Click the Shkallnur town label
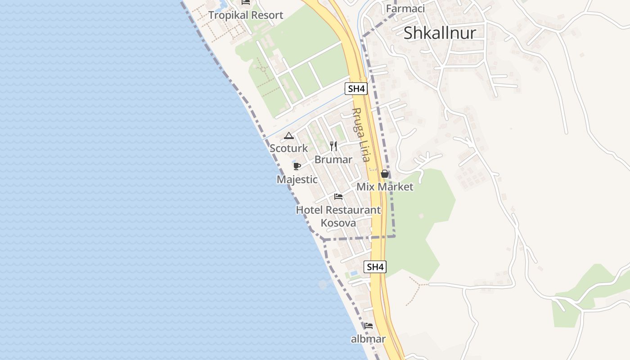click(x=439, y=33)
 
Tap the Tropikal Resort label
click(x=246, y=15)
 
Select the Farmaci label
click(x=405, y=8)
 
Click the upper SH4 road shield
click(x=356, y=89)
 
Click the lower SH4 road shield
click(x=375, y=267)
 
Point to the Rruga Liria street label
click(x=361, y=135)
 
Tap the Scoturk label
click(x=289, y=148)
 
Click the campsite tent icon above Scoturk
click(x=289, y=135)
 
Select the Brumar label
click(x=333, y=160)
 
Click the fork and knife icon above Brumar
click(x=333, y=146)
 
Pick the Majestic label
click(x=297, y=180)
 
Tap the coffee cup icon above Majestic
click(x=297, y=166)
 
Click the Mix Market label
click(x=385, y=187)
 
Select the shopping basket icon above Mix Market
click(x=385, y=174)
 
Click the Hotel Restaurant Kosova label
click(x=338, y=216)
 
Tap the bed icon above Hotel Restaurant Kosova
click(x=338, y=197)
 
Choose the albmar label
click(x=368, y=339)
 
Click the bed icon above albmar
click(x=369, y=326)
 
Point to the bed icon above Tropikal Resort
click(x=246, y=2)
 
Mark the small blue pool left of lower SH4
click(x=354, y=273)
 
